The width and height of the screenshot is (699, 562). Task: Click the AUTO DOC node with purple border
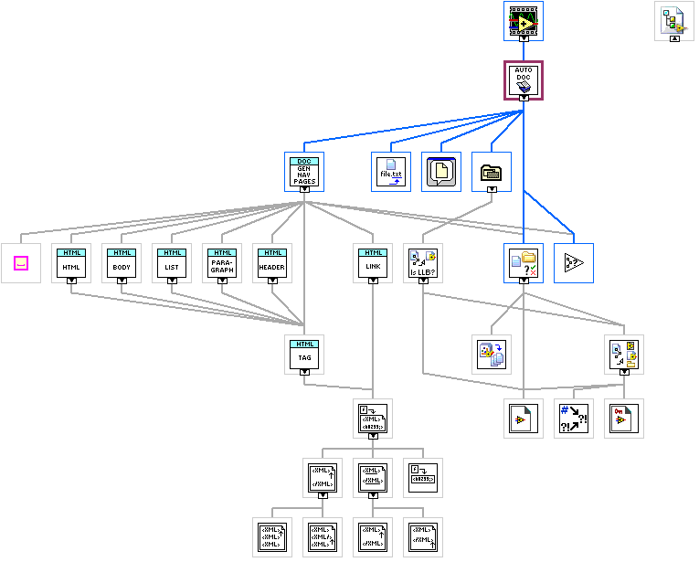coord(524,80)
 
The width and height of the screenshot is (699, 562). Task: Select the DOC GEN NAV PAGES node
coord(304,170)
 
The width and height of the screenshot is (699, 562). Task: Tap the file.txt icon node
coord(391,171)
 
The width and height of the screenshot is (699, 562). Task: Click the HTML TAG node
coord(304,353)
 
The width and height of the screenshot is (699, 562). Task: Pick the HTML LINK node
coord(373,261)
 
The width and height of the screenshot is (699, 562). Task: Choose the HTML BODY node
coord(122,261)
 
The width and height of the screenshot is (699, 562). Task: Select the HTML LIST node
coord(172,261)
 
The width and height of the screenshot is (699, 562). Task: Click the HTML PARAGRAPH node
coord(222,261)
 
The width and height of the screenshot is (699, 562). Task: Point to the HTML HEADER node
coord(272,261)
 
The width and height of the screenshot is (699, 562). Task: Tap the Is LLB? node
coord(423,261)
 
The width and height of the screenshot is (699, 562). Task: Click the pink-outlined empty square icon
coord(21,263)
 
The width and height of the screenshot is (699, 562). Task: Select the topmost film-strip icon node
coord(524,18)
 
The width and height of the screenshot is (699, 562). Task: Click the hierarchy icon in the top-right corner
coord(674,18)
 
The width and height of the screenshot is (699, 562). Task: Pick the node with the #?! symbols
coord(574,419)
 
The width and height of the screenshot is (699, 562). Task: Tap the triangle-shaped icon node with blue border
coord(574,263)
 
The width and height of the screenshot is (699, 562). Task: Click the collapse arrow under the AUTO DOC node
coord(524,97)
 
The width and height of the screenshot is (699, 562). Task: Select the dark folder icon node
coord(492,170)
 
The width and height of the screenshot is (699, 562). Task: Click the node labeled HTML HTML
coord(71,261)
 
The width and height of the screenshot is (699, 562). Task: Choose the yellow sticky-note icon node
coord(441,171)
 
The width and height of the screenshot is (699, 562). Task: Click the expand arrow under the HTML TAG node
coord(304,371)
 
